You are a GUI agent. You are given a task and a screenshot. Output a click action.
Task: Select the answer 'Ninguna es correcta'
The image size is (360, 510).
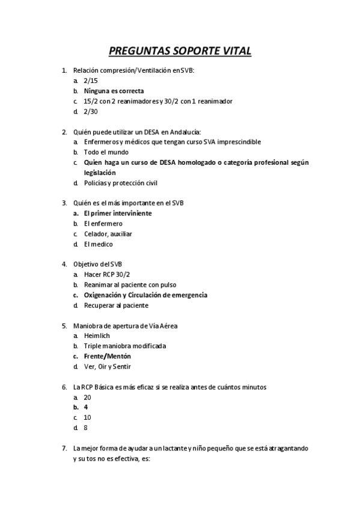click(114, 91)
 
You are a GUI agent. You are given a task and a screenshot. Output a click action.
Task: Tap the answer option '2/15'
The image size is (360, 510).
click(91, 81)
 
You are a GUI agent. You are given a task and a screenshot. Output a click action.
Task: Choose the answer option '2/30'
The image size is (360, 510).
click(91, 112)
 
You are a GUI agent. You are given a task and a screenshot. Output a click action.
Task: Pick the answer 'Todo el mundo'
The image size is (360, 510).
click(106, 152)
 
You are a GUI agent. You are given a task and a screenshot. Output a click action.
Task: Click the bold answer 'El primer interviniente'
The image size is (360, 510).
click(117, 214)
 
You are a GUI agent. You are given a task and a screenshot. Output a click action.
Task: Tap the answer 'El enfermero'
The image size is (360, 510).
click(103, 224)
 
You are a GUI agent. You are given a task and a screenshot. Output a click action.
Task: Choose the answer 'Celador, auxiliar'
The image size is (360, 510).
click(108, 234)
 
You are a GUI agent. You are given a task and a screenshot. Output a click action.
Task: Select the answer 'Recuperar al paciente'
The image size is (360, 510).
click(116, 306)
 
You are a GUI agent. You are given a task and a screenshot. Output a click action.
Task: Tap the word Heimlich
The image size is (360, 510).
click(97, 336)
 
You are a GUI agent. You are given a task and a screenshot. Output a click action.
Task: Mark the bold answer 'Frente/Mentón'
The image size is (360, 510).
click(107, 357)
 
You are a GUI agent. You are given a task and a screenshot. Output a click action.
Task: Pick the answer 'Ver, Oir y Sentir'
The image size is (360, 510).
click(107, 367)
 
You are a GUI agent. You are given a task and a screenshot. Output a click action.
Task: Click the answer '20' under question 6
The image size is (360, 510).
click(88, 398)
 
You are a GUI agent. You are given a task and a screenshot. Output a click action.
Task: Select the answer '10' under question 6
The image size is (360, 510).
click(88, 418)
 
